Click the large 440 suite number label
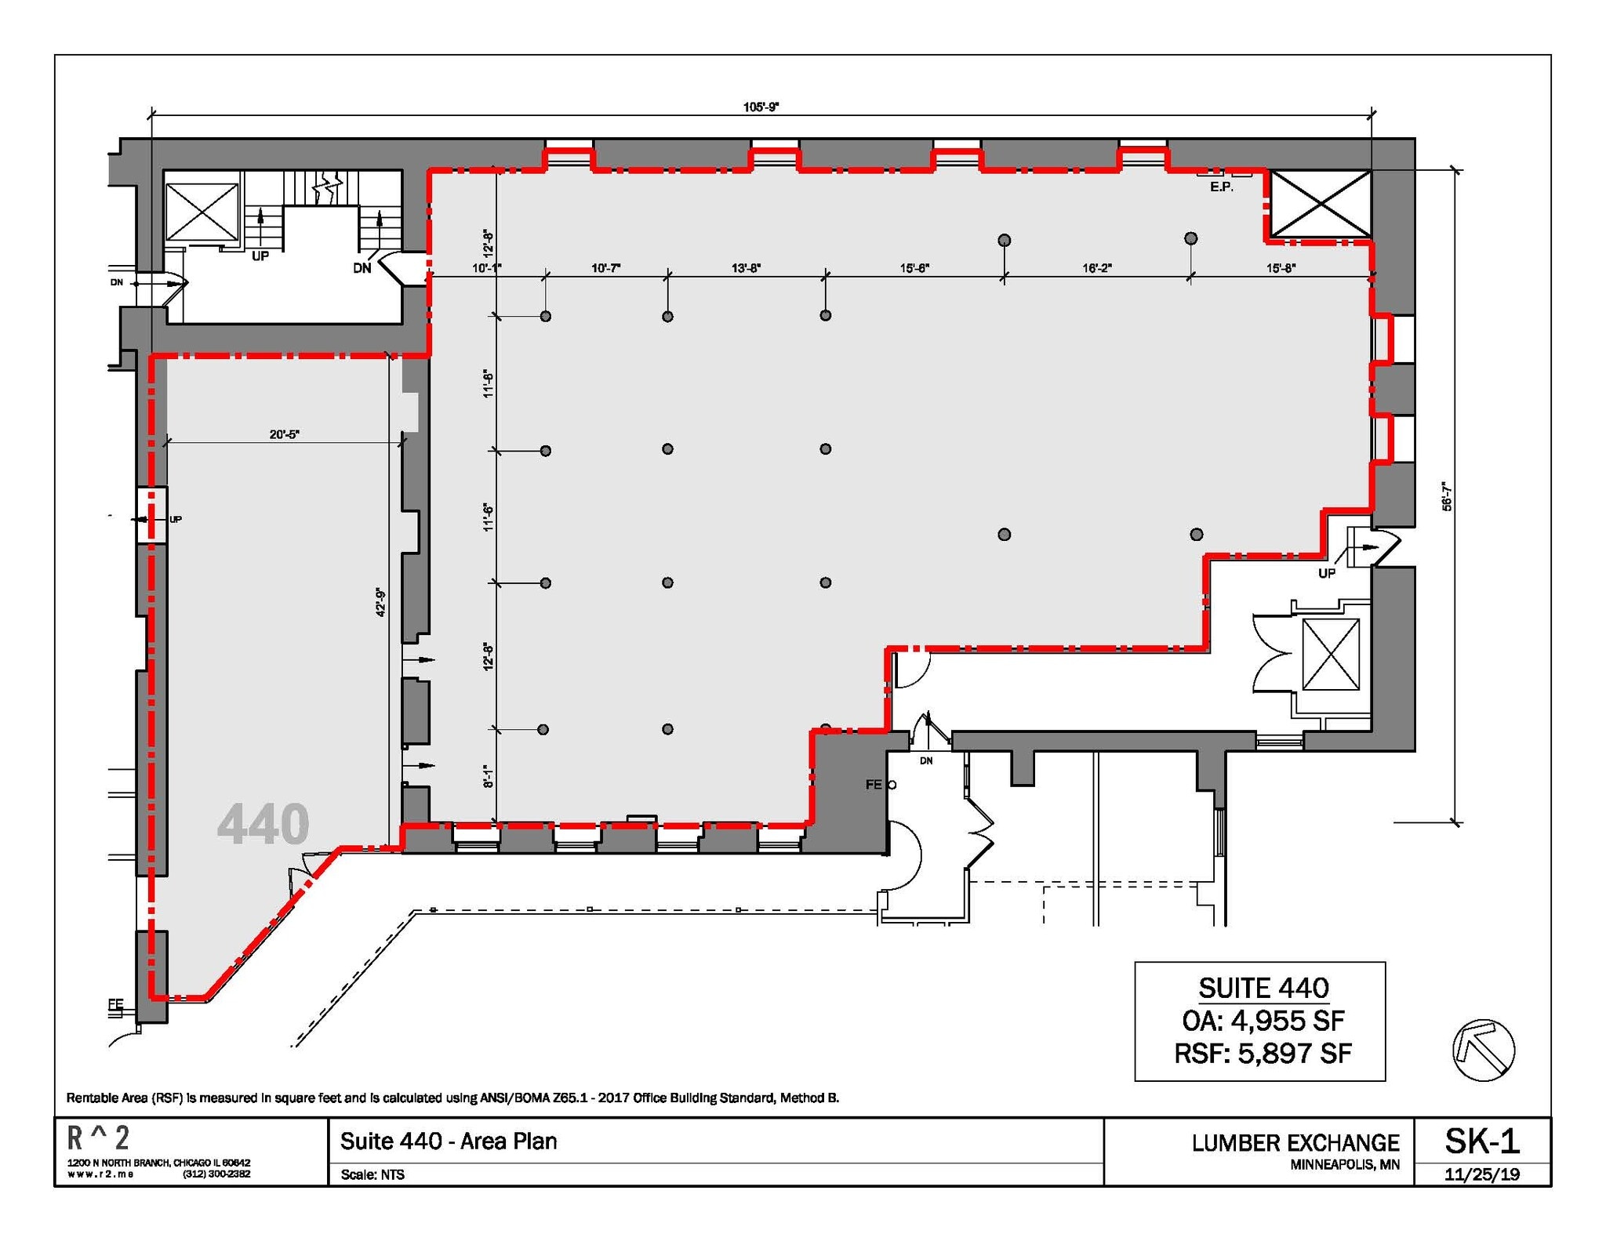pyautogui.click(x=263, y=825)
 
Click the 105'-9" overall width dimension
pyautogui.click(x=760, y=107)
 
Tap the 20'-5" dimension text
pyautogui.click(x=284, y=434)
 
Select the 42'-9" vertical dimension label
pyautogui.click(x=381, y=602)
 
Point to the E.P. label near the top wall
pyautogui.click(x=1221, y=187)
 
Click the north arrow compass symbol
pyautogui.click(x=1483, y=1050)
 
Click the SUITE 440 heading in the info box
pyautogui.click(x=1263, y=988)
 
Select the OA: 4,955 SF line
pyautogui.click(x=1263, y=1021)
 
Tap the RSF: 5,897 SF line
pyautogui.click(x=1263, y=1053)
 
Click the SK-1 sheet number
pyautogui.click(x=1481, y=1141)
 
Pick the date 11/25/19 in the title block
pyautogui.click(x=1481, y=1174)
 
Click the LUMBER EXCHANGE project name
pyautogui.click(x=1295, y=1143)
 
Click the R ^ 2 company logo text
pyautogui.click(x=99, y=1138)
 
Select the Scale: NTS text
pyautogui.click(x=372, y=1174)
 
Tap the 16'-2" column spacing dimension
pyautogui.click(x=1096, y=268)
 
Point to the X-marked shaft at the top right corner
pyautogui.click(x=1321, y=203)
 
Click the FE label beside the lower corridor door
pyautogui.click(x=874, y=785)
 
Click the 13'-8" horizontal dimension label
pyautogui.click(x=746, y=268)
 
